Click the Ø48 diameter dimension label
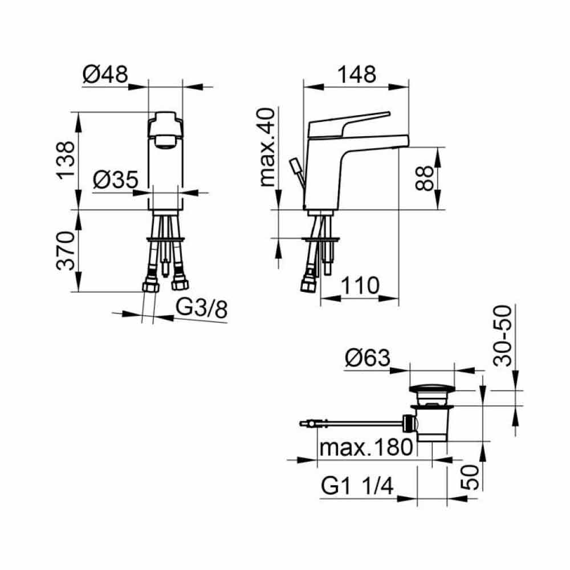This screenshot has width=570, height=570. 105,75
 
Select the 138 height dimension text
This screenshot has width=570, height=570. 66,160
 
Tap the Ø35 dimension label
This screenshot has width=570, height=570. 116,179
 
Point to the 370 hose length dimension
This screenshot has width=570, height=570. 66,251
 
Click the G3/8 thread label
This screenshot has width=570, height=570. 202,308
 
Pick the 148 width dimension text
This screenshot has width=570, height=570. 357,75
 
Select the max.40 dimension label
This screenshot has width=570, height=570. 267,147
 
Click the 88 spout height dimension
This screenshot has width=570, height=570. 424,178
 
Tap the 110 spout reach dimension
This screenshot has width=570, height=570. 360,286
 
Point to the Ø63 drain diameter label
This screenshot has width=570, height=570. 367,358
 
